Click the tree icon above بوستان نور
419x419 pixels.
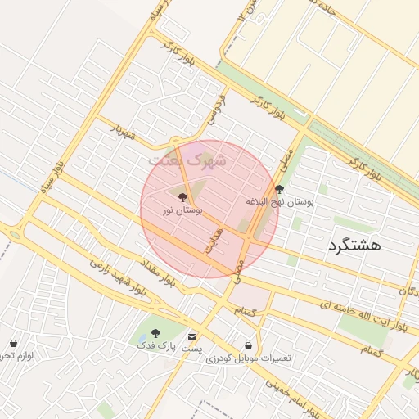tap(182, 197)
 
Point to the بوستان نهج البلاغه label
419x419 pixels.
tap(280, 200)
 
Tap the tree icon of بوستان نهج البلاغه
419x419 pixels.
tap(280, 189)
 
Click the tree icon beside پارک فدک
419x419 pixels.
tap(155, 334)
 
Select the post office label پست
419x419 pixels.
tap(191, 349)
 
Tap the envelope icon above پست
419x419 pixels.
tap(191, 337)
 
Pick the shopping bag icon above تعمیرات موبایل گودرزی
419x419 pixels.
tap(248, 346)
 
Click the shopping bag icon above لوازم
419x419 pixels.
tap(13, 343)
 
